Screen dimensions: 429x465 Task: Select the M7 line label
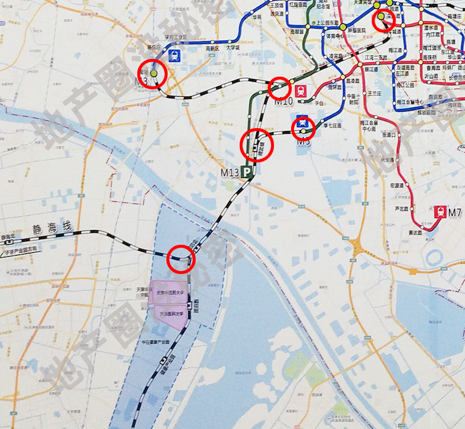point(455,213)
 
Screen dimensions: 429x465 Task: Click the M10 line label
point(284,102)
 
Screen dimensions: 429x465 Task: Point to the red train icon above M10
point(301,90)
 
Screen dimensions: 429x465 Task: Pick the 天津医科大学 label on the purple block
point(171,313)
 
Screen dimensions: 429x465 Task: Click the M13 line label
point(230,172)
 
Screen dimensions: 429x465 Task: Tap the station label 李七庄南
point(332,125)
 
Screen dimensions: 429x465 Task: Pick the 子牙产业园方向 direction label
point(22,249)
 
